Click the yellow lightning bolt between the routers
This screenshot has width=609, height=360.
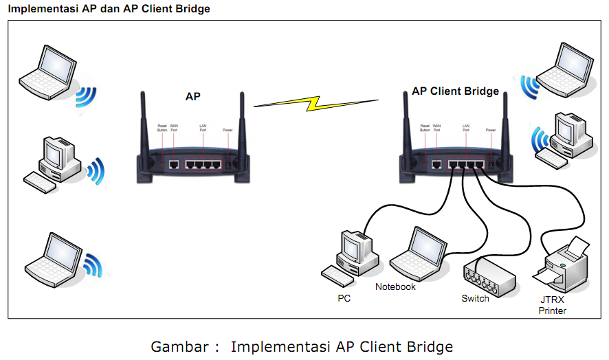click(x=315, y=104)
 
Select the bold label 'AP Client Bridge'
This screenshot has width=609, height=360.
click(x=455, y=91)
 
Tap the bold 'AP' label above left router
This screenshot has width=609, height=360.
click(x=193, y=97)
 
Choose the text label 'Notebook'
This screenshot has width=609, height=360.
click(x=395, y=286)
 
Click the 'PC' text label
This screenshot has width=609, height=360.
click(x=344, y=298)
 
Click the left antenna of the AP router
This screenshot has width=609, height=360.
click(x=144, y=124)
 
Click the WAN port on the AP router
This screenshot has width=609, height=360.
click(x=175, y=165)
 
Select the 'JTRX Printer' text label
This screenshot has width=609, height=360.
click(x=553, y=306)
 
